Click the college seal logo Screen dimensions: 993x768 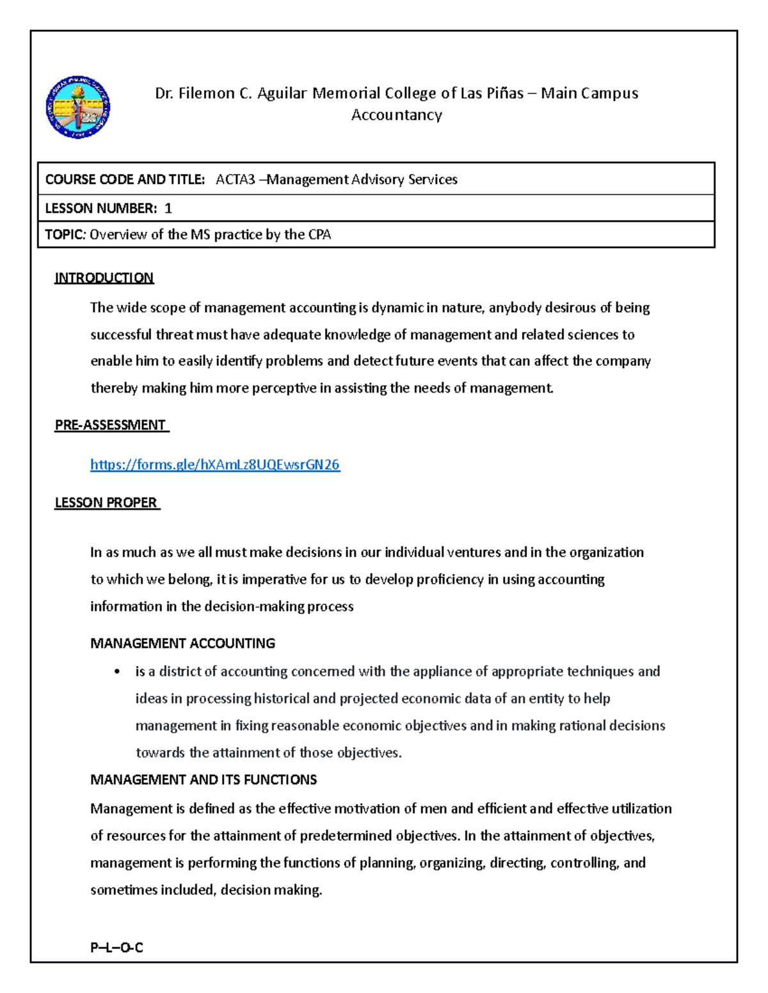(x=78, y=107)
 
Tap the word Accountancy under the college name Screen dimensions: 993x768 (x=396, y=115)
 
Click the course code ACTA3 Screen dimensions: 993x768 (x=235, y=180)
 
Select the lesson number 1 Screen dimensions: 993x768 (x=168, y=208)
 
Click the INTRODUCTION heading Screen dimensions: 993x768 (x=104, y=278)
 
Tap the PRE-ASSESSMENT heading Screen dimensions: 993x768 (x=110, y=425)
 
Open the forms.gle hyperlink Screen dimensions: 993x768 (x=215, y=465)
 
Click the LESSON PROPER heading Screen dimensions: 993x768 (x=106, y=503)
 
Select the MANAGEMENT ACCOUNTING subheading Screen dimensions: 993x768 (x=182, y=643)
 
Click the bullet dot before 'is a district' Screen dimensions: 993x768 (x=116, y=671)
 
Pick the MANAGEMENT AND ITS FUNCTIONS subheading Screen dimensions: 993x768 (x=204, y=780)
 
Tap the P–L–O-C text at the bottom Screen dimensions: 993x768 (x=116, y=948)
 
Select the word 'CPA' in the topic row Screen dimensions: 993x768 (x=319, y=235)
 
